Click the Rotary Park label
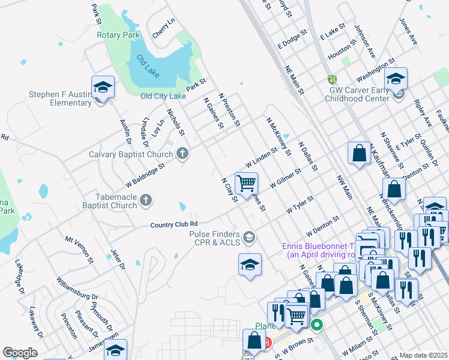[118, 35]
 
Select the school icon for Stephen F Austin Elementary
[103, 88]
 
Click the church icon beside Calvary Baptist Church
[182, 154]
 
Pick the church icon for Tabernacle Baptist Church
[145, 201]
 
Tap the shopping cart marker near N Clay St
[246, 183]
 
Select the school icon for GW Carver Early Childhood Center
[396, 79]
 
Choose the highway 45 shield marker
[332, 79]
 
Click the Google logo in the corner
[20, 353]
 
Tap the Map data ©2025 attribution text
[423, 355]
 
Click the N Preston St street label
[229, 109]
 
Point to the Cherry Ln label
[163, 28]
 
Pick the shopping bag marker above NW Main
[358, 152]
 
